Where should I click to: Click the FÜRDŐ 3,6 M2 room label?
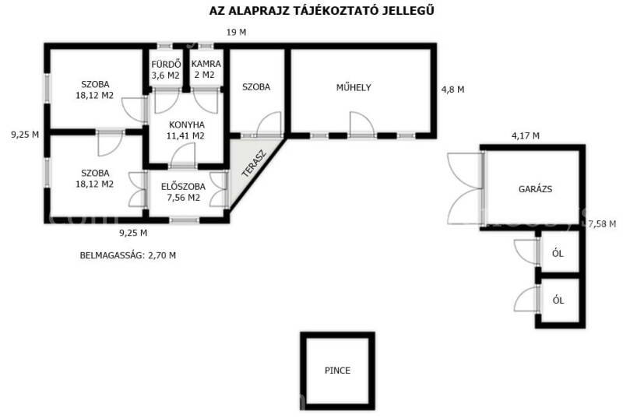(165, 69)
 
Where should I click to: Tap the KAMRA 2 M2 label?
(206, 69)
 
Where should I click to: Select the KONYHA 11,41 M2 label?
(185, 130)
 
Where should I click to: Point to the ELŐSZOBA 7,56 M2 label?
(183, 192)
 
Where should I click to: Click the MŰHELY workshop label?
(354, 87)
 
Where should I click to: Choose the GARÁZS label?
(535, 189)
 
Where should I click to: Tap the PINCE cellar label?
(337, 371)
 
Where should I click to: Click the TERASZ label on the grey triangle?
(255, 163)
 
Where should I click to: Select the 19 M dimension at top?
(237, 33)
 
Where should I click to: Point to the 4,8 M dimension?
(452, 90)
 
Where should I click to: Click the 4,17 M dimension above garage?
(525, 135)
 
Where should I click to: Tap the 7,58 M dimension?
(602, 224)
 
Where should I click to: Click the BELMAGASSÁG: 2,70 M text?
(128, 255)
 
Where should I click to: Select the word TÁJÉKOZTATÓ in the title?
(337, 11)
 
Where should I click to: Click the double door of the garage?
(466, 188)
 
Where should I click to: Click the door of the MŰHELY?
(361, 125)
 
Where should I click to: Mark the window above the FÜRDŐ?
(164, 46)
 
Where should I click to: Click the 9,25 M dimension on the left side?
(25, 135)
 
